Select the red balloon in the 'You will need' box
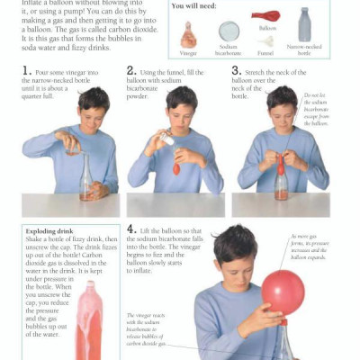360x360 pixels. point(267,15)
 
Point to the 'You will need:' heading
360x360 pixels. point(195,5)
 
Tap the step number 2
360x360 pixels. point(131,70)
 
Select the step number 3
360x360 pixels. point(236,70)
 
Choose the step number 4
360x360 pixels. point(131,229)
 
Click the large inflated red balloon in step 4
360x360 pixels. point(283,292)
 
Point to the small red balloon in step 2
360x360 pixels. point(176,167)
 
